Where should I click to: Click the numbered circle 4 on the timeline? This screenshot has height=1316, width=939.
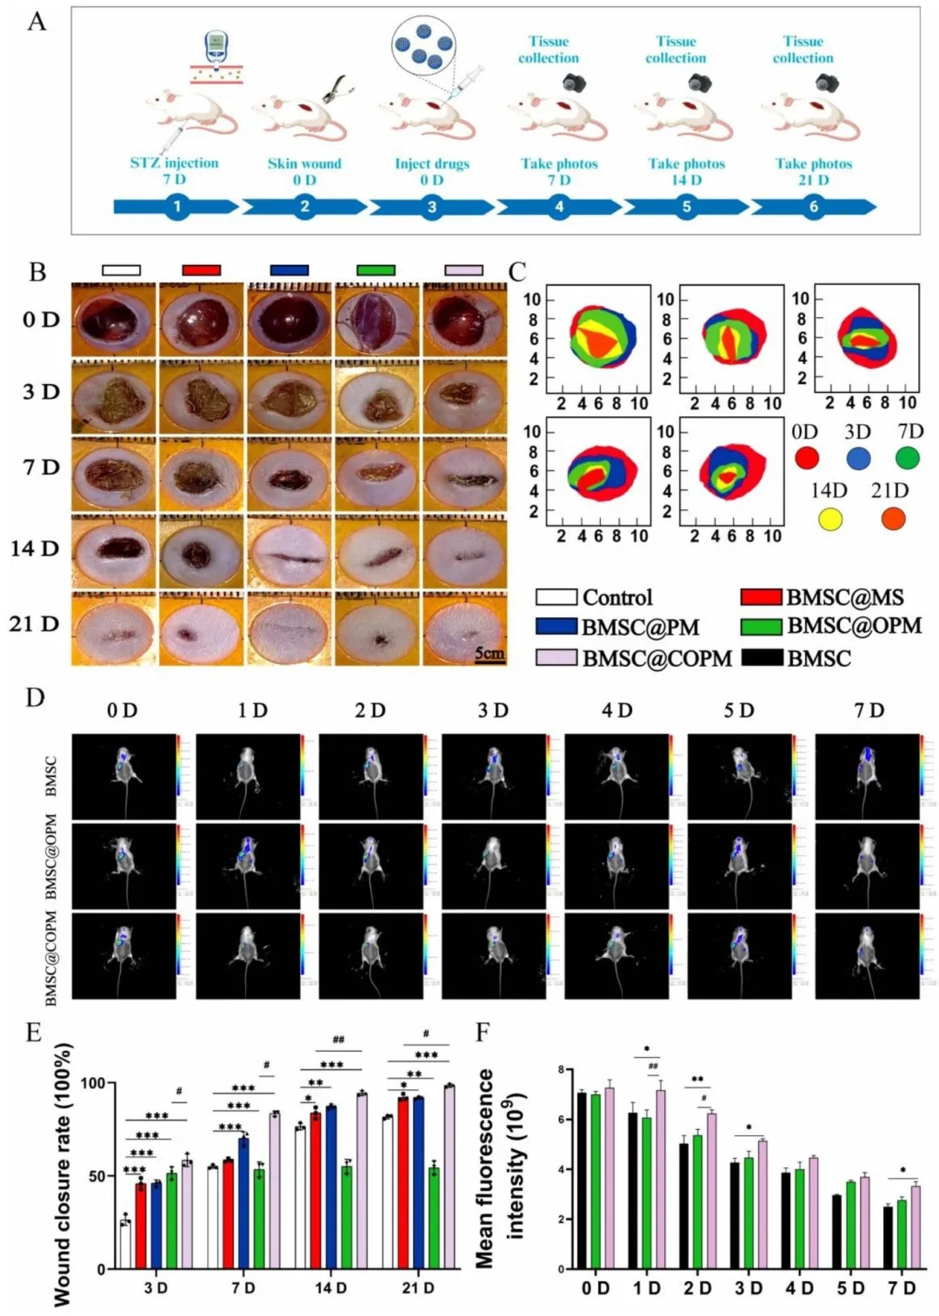(559, 207)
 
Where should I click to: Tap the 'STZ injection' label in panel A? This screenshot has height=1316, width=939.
(174, 163)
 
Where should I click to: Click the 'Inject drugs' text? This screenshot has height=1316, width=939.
(431, 163)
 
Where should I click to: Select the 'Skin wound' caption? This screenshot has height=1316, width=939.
(304, 163)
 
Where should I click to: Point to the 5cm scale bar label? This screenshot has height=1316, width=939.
(489, 652)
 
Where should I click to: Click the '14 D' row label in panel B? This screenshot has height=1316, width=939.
(35, 548)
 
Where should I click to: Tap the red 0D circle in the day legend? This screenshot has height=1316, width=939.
(807, 457)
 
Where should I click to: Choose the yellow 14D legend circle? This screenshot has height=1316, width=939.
(830, 519)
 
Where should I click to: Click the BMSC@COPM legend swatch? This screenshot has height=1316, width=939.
(556, 657)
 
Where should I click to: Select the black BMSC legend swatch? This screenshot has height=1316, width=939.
(762, 657)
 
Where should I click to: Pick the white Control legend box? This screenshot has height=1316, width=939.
(556, 597)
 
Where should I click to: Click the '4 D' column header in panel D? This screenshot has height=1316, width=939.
(616, 710)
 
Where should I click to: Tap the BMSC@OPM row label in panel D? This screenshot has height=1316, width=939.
(50, 856)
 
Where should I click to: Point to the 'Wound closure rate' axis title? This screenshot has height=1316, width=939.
(62, 1173)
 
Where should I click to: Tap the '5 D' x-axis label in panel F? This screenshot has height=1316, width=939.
(851, 1288)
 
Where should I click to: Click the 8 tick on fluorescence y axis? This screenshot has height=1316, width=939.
(561, 1069)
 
